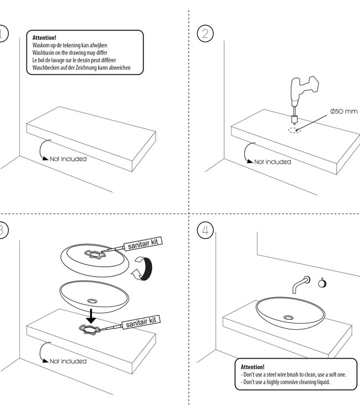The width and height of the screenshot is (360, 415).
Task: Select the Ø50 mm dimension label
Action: (343, 111)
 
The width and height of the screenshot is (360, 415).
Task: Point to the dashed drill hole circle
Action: (295, 131)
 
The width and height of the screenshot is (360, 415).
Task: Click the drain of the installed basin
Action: (289, 317)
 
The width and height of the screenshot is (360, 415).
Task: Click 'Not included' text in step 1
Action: (68, 159)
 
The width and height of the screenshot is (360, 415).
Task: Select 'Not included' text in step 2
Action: (272, 162)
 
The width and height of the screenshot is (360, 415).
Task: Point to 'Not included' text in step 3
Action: (68, 361)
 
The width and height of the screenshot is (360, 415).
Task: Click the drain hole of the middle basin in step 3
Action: (92, 299)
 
